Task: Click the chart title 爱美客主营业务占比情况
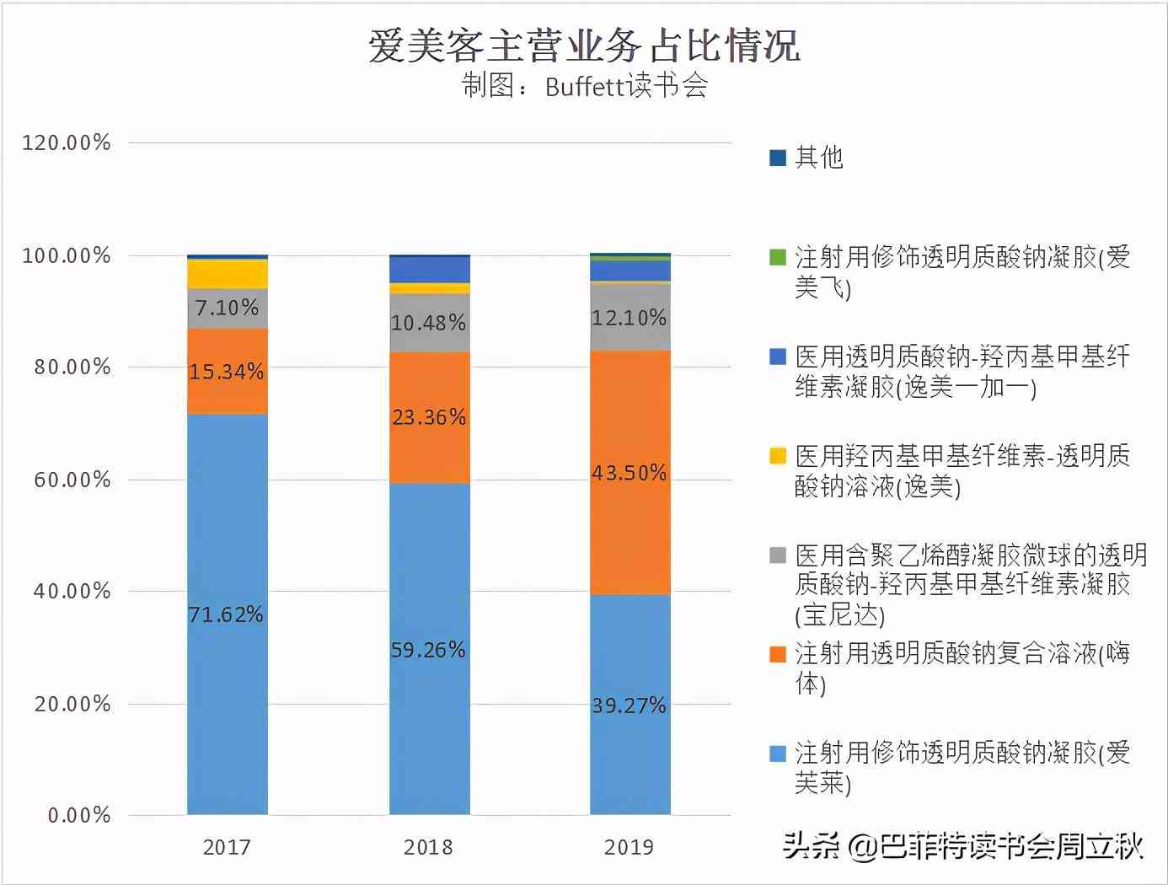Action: [x=583, y=46]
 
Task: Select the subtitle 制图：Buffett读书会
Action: [x=584, y=86]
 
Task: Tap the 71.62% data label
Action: [x=226, y=614]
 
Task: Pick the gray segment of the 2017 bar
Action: [x=228, y=308]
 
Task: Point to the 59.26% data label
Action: [x=428, y=650]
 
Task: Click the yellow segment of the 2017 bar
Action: [x=228, y=274]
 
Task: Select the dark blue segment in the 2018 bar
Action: [x=430, y=270]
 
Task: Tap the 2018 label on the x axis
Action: [x=428, y=847]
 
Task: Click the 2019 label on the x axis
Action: [x=629, y=847]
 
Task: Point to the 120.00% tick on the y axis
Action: [x=67, y=142]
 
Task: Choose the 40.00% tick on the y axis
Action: [x=72, y=591]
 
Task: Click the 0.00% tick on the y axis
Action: [x=79, y=816]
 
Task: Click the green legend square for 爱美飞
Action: [x=778, y=257]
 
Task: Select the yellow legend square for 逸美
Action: [x=778, y=456]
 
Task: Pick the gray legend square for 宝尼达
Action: [x=778, y=555]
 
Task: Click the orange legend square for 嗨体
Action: [x=778, y=654]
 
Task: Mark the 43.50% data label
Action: [x=629, y=473]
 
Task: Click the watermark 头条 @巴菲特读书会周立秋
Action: [x=962, y=845]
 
